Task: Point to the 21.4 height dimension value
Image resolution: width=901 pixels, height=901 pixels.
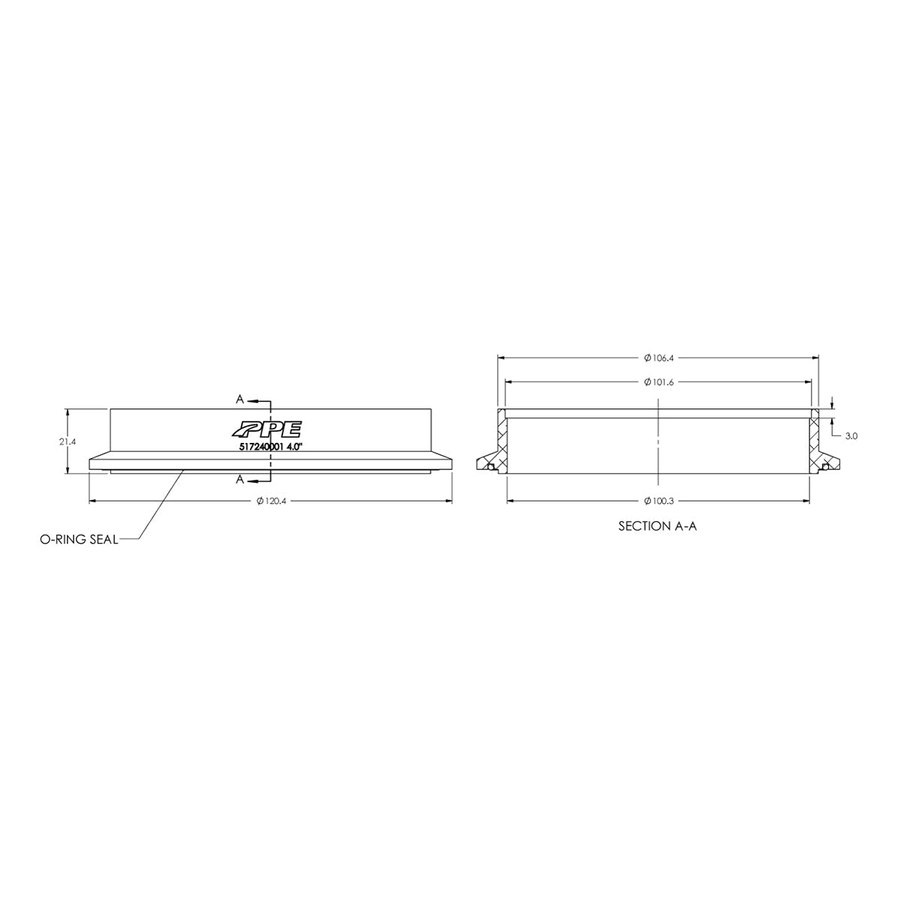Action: [x=68, y=441]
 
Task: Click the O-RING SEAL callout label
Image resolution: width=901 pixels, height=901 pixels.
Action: [x=79, y=539]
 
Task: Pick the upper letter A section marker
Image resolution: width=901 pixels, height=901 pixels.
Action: [x=240, y=398]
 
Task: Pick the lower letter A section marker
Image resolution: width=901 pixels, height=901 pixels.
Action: [x=240, y=479]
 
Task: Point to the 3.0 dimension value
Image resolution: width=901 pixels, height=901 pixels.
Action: [x=851, y=435]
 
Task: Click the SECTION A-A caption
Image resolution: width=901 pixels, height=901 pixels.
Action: [x=658, y=526]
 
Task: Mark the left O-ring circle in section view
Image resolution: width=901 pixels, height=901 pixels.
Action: [x=490, y=467]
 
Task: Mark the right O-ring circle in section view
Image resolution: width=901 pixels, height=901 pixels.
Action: [x=826, y=467]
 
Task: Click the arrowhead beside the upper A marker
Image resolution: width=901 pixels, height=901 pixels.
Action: [x=251, y=398]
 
